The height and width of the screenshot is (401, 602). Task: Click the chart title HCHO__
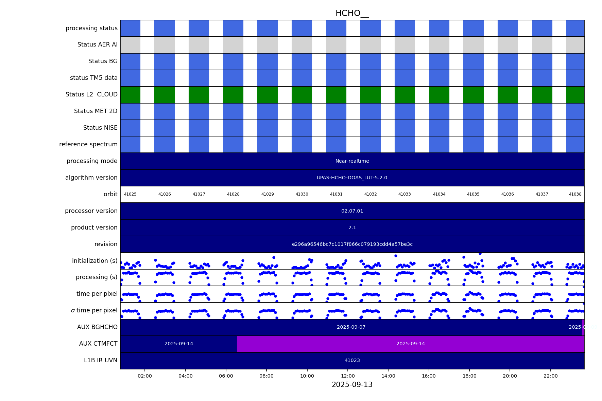pos(352,14)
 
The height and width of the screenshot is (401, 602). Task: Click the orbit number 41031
pos(336,195)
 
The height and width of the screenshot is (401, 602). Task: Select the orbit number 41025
pos(130,195)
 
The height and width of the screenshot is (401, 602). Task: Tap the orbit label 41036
pos(508,195)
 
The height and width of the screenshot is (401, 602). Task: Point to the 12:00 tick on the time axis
pos(348,376)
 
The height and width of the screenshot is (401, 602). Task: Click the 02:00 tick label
pos(145,376)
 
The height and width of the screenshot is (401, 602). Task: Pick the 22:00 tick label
pos(550,376)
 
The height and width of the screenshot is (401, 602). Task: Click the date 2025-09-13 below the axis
pos(352,385)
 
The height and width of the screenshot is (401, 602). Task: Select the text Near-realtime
pos(352,161)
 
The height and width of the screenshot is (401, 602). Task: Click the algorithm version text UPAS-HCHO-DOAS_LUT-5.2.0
pos(352,178)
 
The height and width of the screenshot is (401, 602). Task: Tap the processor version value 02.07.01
pos(352,211)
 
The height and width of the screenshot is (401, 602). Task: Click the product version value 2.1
pos(352,228)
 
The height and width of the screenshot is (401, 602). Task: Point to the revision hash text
pos(352,244)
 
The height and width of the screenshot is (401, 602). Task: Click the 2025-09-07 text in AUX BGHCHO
pos(351,327)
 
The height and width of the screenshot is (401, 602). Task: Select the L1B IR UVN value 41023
pos(352,361)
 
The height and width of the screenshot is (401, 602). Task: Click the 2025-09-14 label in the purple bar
pos(410,344)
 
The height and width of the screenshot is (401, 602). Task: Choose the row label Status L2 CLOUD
pos(91,95)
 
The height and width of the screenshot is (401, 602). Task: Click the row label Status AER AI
pos(97,45)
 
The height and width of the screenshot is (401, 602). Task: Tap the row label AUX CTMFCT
pos(98,344)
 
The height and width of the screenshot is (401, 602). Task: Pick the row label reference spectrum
pos(88,145)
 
